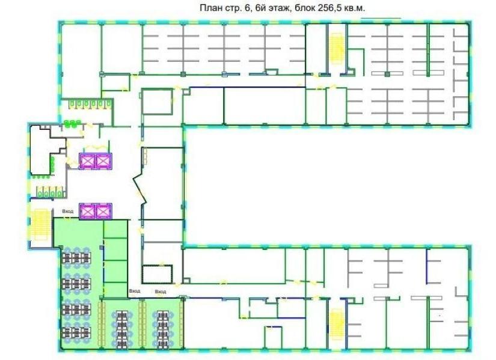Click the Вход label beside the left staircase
[68, 211]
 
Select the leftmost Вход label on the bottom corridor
[135, 291]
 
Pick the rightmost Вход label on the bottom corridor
[161, 291]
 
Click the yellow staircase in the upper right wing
[337, 49]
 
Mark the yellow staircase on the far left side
[40, 224]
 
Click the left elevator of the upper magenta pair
[87, 161]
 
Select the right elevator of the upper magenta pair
[103, 161]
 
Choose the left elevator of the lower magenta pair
[87, 211]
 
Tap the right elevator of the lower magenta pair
[103, 211]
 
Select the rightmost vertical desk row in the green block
[162, 329]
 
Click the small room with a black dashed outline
[157, 274]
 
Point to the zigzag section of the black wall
[139, 189]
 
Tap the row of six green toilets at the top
[90, 105]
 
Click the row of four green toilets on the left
[49, 192]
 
